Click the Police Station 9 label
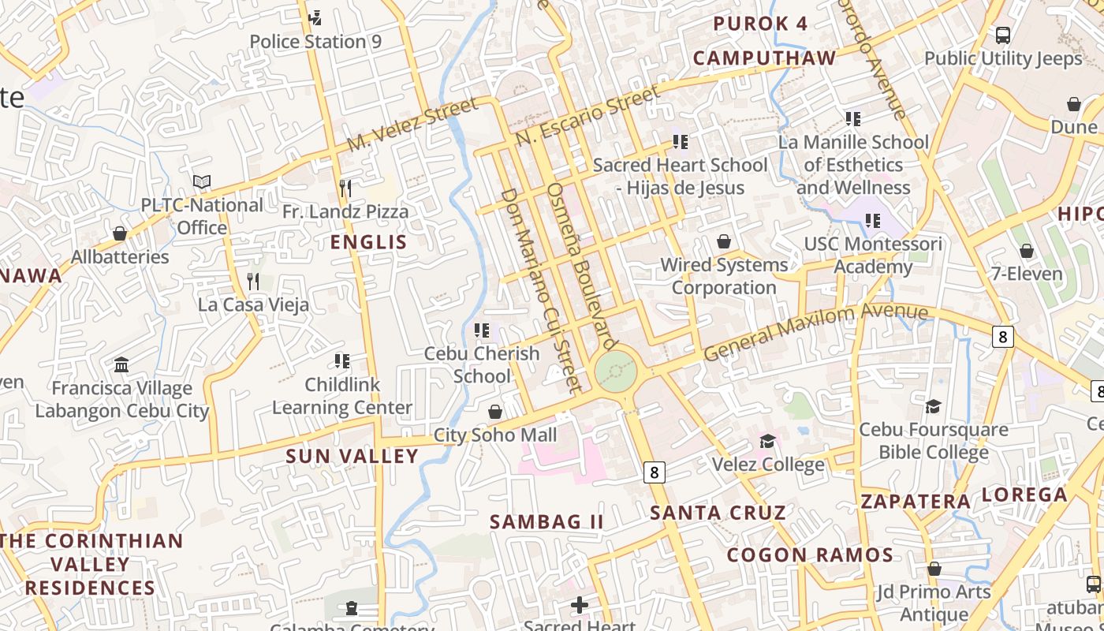click(x=315, y=42)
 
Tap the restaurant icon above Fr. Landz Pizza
click(x=345, y=188)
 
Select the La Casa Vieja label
click(x=253, y=304)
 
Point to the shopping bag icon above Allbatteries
click(x=120, y=233)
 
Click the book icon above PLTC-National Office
click(x=202, y=181)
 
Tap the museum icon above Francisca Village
click(x=121, y=365)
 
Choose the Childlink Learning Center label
click(x=342, y=396)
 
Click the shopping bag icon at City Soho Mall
click(x=495, y=412)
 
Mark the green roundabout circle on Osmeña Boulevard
click(x=615, y=371)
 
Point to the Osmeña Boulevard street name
click(x=581, y=267)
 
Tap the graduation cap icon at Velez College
click(x=767, y=441)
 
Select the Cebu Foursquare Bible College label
click(x=934, y=441)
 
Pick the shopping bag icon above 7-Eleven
click(x=1027, y=252)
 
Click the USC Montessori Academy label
click(x=873, y=256)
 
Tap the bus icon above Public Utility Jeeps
click(x=1003, y=35)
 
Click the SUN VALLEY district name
click(x=352, y=456)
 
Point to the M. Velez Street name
click(x=412, y=125)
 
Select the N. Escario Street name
click(x=587, y=115)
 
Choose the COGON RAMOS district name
click(x=810, y=554)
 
